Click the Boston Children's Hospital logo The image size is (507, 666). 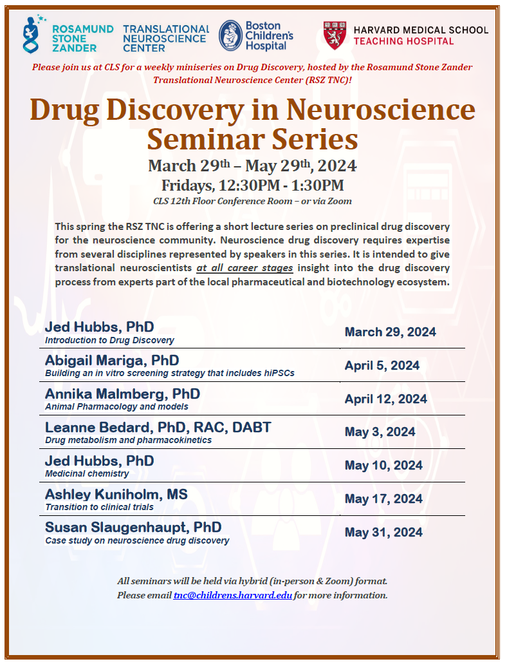pyautogui.click(x=255, y=36)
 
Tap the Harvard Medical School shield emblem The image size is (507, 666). pyautogui.click(x=336, y=36)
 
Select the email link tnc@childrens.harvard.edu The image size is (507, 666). pyautogui.click(x=233, y=595)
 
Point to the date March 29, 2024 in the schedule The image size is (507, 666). pyautogui.click(x=390, y=332)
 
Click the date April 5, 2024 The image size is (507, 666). pyautogui.click(x=382, y=366)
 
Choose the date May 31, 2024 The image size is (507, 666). pyautogui.click(x=383, y=533)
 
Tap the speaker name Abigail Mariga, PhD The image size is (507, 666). pyautogui.click(x=112, y=360)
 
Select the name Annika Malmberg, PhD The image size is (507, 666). pyautogui.click(x=122, y=394)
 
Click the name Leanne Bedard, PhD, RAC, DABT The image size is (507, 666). pyautogui.click(x=158, y=427)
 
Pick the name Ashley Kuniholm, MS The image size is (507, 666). pyautogui.click(x=116, y=494)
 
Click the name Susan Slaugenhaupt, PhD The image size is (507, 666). pyautogui.click(x=133, y=528)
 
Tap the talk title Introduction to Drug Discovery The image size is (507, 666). pyautogui.click(x=109, y=340)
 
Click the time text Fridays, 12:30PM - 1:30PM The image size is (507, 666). pyautogui.click(x=252, y=186)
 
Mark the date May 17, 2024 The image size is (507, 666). pyautogui.click(x=383, y=499)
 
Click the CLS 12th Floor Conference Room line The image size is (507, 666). pyautogui.click(x=252, y=201)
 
